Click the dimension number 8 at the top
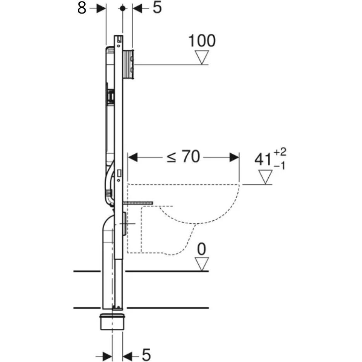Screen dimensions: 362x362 point(82,8)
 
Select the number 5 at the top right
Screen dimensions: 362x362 point(156,8)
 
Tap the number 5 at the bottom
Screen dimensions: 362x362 point(146,354)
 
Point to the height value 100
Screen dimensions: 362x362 point(201,41)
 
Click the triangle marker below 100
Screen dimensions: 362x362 point(202,57)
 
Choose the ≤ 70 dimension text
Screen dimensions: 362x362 point(183,157)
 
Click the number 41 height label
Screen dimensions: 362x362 point(263,160)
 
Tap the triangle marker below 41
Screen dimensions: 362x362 point(266,177)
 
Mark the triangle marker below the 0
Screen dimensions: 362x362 point(202,264)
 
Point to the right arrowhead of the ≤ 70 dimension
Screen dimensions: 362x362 point(234,157)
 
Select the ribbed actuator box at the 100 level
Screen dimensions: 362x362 point(129,64)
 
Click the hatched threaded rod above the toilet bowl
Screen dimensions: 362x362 point(139,202)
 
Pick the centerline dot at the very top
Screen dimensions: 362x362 point(123,8)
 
